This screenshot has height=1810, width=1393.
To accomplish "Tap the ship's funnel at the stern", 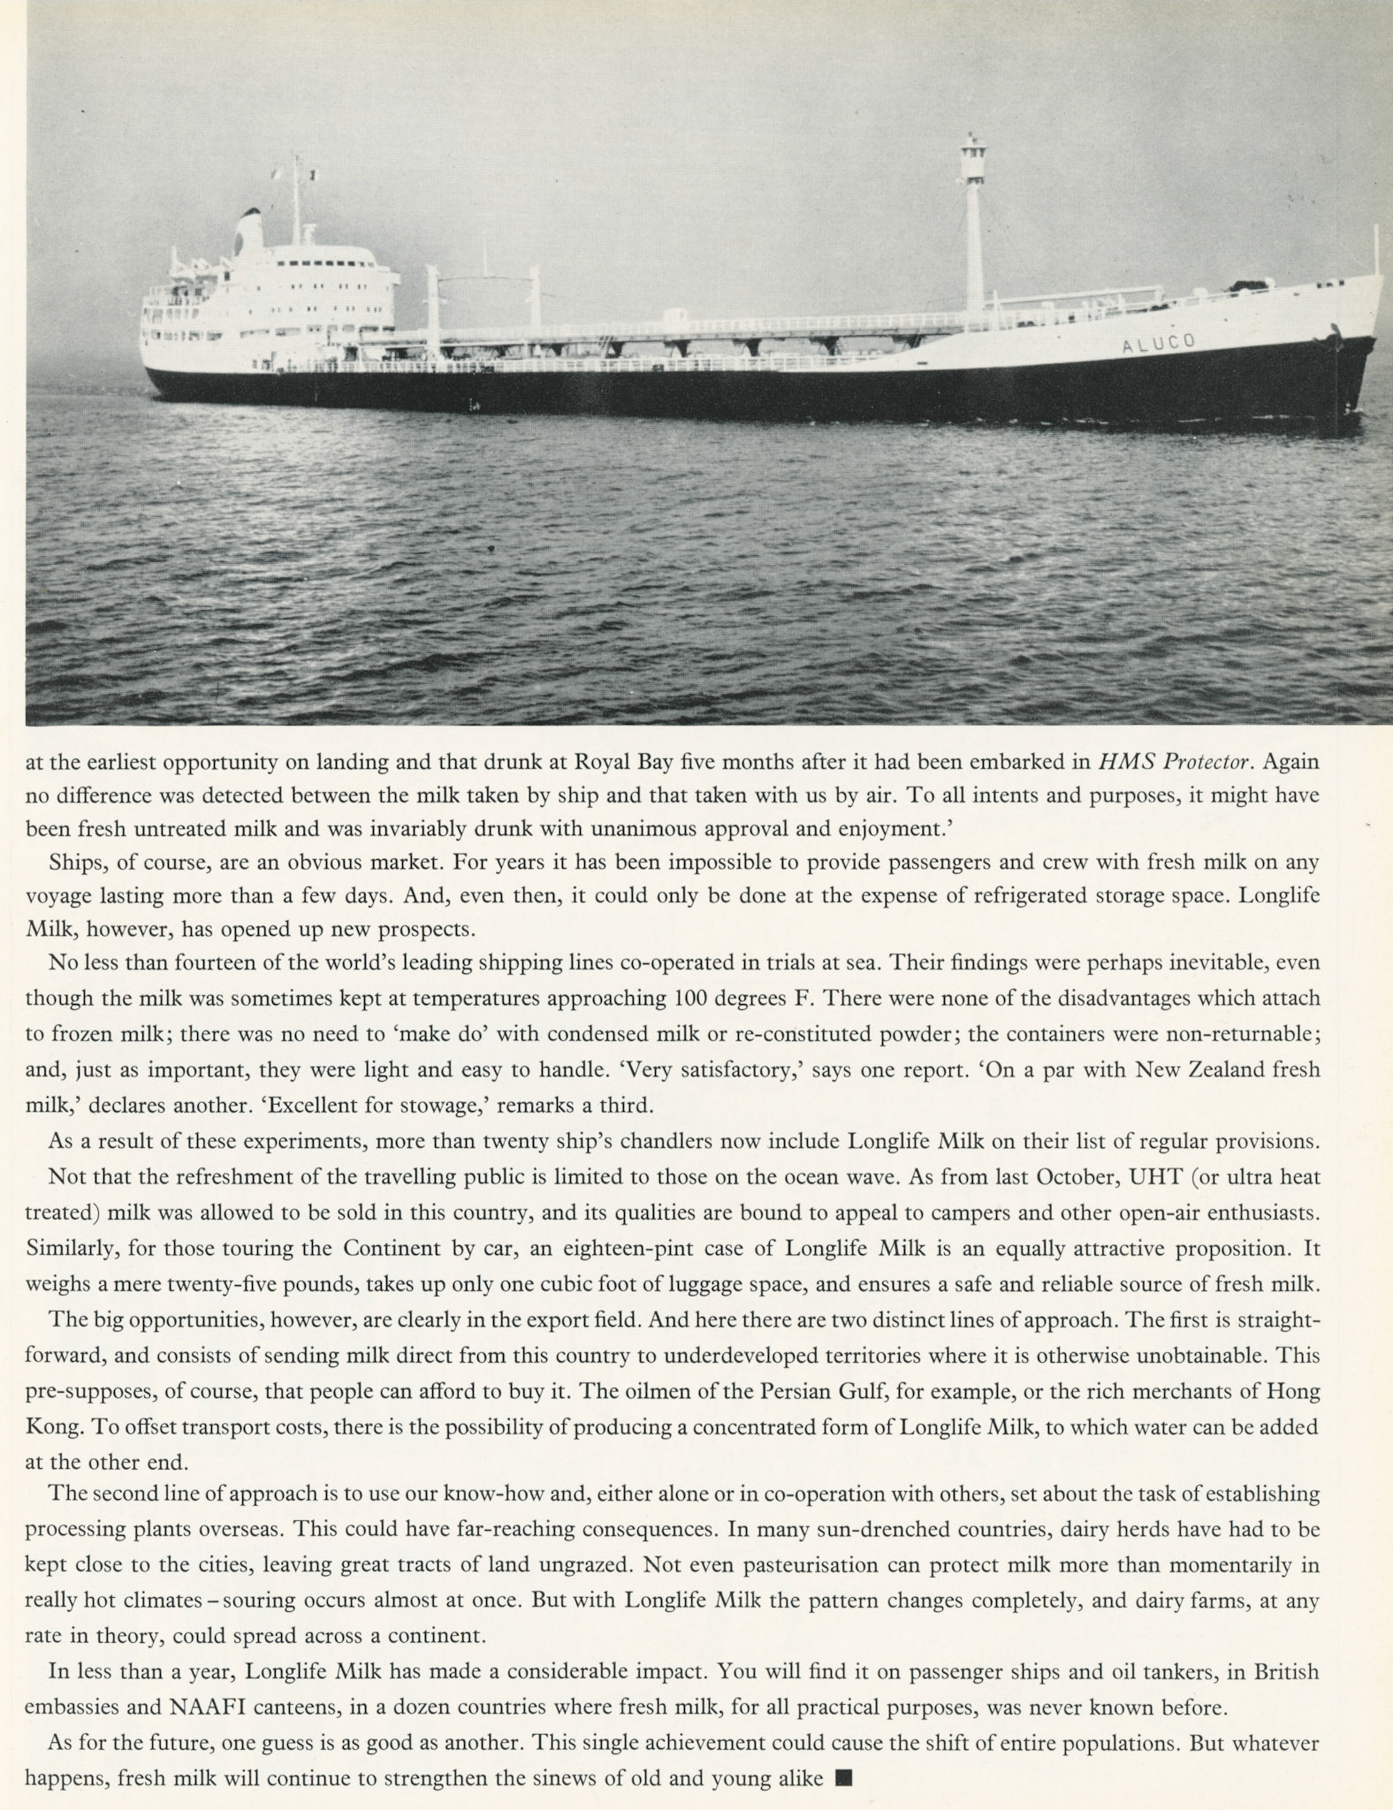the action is click(249, 232).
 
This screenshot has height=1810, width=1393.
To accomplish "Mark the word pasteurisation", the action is click(830, 1565).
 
